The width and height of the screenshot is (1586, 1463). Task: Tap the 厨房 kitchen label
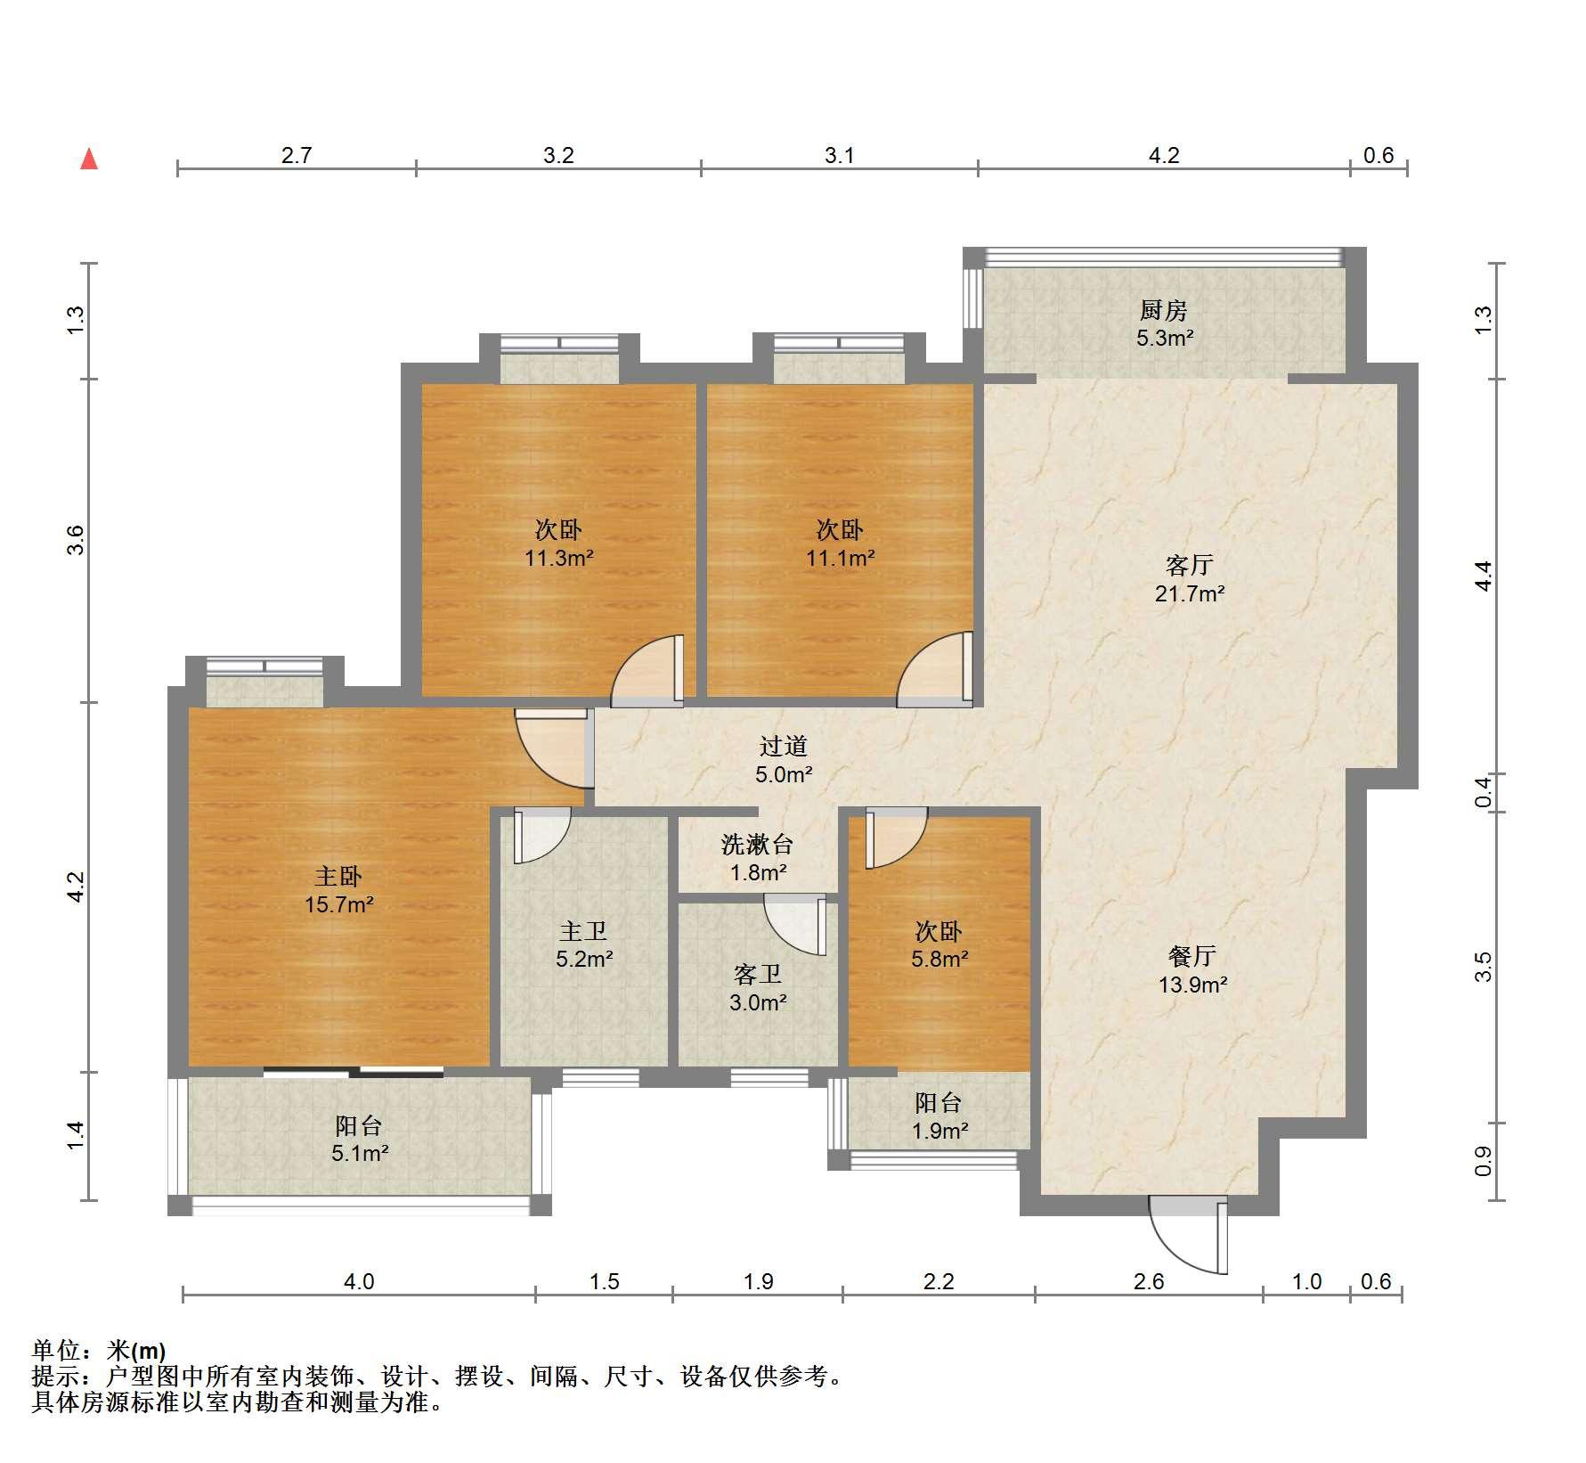[x=1164, y=311]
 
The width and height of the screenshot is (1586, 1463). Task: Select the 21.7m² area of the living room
[x=1190, y=593]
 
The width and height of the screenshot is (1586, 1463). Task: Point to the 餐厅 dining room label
[x=1192, y=956]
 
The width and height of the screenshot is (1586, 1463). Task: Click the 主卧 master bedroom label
[x=338, y=876]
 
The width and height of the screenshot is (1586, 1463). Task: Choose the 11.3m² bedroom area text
[x=559, y=559]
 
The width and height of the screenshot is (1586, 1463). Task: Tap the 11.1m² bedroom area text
[x=840, y=559]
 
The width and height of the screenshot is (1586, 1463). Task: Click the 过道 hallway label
[x=784, y=746]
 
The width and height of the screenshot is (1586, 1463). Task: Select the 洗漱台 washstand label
[x=757, y=844]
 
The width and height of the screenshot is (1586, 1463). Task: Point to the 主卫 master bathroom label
[x=583, y=931]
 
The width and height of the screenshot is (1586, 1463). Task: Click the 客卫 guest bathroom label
[x=758, y=974]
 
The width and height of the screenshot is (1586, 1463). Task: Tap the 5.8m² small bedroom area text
[x=939, y=959]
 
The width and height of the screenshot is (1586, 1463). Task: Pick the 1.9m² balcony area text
[x=939, y=1132]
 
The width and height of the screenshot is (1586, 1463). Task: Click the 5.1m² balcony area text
[x=360, y=1154]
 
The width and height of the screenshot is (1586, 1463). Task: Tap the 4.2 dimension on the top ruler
[x=1163, y=156]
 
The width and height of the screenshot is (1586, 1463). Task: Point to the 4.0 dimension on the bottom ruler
[x=359, y=1281]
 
